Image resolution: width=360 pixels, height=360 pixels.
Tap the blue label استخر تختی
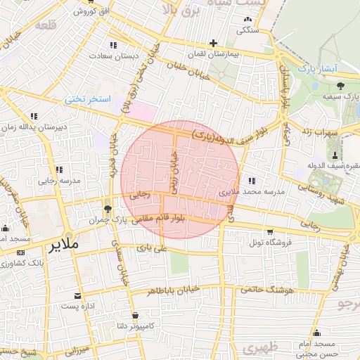tap(89, 100)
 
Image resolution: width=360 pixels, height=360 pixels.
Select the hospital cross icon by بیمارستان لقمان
tap(213, 43)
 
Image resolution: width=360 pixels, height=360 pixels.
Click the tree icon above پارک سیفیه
tap(340, 86)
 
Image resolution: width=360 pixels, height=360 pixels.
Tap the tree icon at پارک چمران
tap(108, 210)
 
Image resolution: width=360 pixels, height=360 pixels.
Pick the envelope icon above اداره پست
tap(78, 296)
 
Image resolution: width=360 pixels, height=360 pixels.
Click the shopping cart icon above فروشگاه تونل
tap(269, 231)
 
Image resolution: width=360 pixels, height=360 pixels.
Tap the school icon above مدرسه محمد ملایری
tap(252, 181)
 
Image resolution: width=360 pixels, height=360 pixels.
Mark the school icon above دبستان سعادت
tap(114, 45)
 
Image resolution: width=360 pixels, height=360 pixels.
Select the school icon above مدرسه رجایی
tap(59, 169)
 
